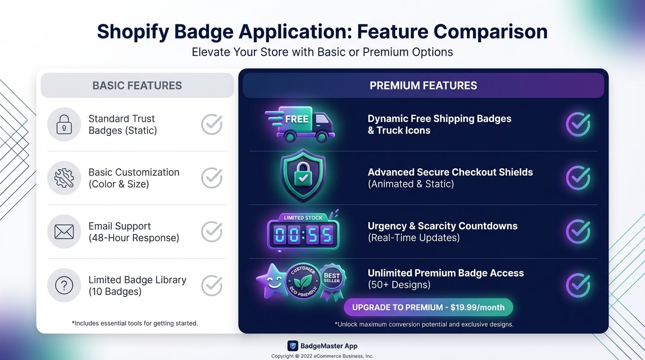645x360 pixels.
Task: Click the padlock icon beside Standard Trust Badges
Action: coord(64,125)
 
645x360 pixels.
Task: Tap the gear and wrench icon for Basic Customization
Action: coord(64,178)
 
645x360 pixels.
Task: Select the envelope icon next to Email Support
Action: coord(64,232)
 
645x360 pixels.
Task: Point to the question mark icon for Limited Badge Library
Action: coord(64,285)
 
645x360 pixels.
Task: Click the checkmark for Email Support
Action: coord(212,232)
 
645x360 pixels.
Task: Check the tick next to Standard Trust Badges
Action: coord(212,125)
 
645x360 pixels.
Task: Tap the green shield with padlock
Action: coord(303,175)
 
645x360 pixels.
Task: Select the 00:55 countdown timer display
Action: coord(303,233)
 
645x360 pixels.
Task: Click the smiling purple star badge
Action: coord(271,280)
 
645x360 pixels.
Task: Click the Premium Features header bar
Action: coord(423,85)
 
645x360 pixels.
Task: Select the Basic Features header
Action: coord(137,85)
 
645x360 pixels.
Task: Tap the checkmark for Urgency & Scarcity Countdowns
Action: coord(578,232)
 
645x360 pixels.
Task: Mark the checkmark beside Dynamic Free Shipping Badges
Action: coord(578,125)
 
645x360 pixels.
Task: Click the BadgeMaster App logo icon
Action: coord(292,346)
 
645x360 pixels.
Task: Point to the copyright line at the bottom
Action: coord(322,356)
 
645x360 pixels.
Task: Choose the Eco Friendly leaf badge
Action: coord(303,281)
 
